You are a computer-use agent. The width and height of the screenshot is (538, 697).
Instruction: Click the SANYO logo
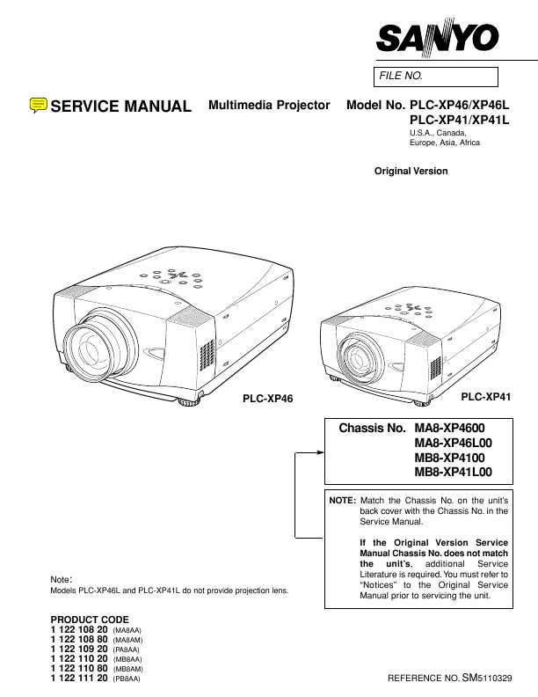[437, 38]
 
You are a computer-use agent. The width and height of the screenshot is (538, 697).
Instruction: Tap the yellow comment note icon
[38, 105]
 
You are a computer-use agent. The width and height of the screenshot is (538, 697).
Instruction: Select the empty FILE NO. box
[436, 77]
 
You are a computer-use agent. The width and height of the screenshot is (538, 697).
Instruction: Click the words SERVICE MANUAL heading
[120, 106]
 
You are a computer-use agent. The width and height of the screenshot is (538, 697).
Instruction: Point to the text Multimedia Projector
[269, 106]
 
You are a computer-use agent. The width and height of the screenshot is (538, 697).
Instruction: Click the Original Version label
[411, 171]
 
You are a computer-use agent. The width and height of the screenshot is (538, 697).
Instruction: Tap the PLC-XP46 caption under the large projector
[267, 399]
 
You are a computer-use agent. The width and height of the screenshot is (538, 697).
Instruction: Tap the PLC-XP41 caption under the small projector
[485, 397]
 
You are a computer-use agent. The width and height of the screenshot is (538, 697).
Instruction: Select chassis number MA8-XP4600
[450, 428]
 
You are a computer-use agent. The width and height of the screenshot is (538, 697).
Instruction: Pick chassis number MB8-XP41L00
[454, 472]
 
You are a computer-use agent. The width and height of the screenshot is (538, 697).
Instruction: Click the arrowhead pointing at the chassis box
[321, 452]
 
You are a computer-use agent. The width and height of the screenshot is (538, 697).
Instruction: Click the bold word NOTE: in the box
[342, 501]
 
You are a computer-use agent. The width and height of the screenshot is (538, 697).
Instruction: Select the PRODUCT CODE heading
[90, 620]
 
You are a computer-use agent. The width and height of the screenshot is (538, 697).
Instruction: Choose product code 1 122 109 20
[79, 649]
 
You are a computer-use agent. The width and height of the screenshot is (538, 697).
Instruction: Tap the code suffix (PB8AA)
[127, 679]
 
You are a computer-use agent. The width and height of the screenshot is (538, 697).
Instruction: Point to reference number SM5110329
[487, 678]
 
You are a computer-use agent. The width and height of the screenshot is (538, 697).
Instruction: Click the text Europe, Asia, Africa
[444, 143]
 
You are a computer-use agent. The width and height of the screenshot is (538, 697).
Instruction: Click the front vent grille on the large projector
[207, 355]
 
